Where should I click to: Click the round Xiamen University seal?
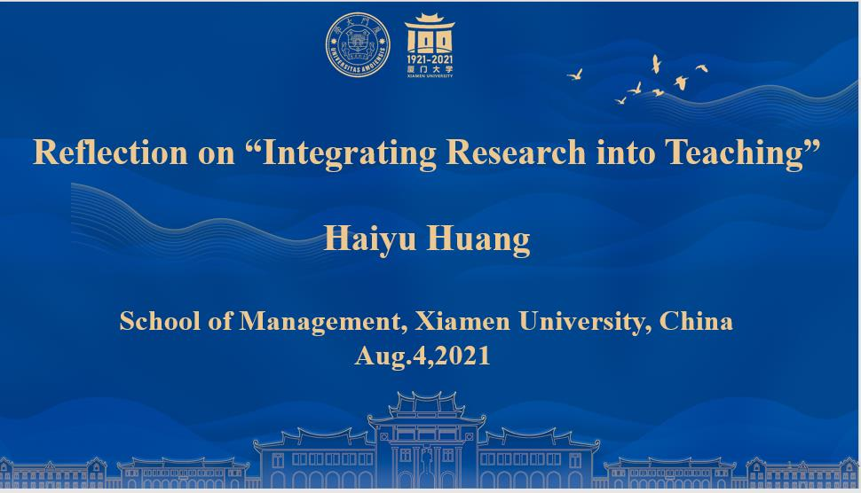coord(358,44)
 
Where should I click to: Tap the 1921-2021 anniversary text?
coord(430,59)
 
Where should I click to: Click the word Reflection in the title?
coord(110,152)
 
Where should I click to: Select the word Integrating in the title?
coord(349,153)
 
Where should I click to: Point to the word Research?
coord(517,152)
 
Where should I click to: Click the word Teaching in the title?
coord(734,153)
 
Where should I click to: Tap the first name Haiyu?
coord(370,239)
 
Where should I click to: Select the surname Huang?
coord(478,239)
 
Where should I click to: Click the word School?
coord(160,321)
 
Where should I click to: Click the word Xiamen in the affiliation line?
coord(462,321)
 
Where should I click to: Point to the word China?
coord(696,321)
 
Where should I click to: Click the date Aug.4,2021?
coord(423,356)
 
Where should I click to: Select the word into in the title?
coord(626,152)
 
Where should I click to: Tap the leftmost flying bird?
coord(575,74)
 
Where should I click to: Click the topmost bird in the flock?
coord(656,64)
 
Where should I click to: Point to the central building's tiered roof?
coord(426,407)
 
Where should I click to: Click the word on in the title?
coord(217,154)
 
